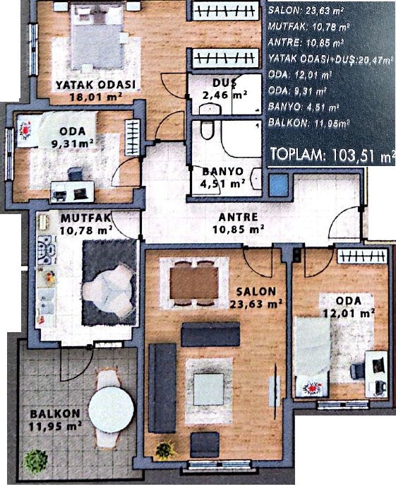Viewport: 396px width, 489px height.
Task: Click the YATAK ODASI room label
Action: click(x=95, y=85)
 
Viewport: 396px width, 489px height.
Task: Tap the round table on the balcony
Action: click(x=112, y=409)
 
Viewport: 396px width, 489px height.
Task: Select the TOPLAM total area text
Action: click(x=331, y=155)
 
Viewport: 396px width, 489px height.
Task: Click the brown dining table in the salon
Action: click(x=194, y=283)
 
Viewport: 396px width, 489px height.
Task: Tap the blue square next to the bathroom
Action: click(x=278, y=185)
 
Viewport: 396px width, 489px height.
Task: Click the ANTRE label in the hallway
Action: click(x=238, y=217)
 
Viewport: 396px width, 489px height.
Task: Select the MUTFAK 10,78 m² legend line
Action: click(x=308, y=27)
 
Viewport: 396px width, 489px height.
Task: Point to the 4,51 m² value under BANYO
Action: click(x=222, y=184)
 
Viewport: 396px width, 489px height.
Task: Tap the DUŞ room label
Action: click(x=224, y=83)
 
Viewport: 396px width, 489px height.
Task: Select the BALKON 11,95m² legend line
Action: click(x=308, y=123)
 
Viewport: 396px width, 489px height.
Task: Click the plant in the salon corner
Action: click(x=164, y=450)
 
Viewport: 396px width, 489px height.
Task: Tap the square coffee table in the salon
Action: click(x=209, y=389)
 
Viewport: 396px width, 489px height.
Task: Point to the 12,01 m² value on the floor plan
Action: click(x=349, y=313)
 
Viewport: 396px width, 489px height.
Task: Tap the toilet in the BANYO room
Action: click(x=208, y=130)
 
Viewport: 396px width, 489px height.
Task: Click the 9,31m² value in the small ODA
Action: click(x=73, y=143)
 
